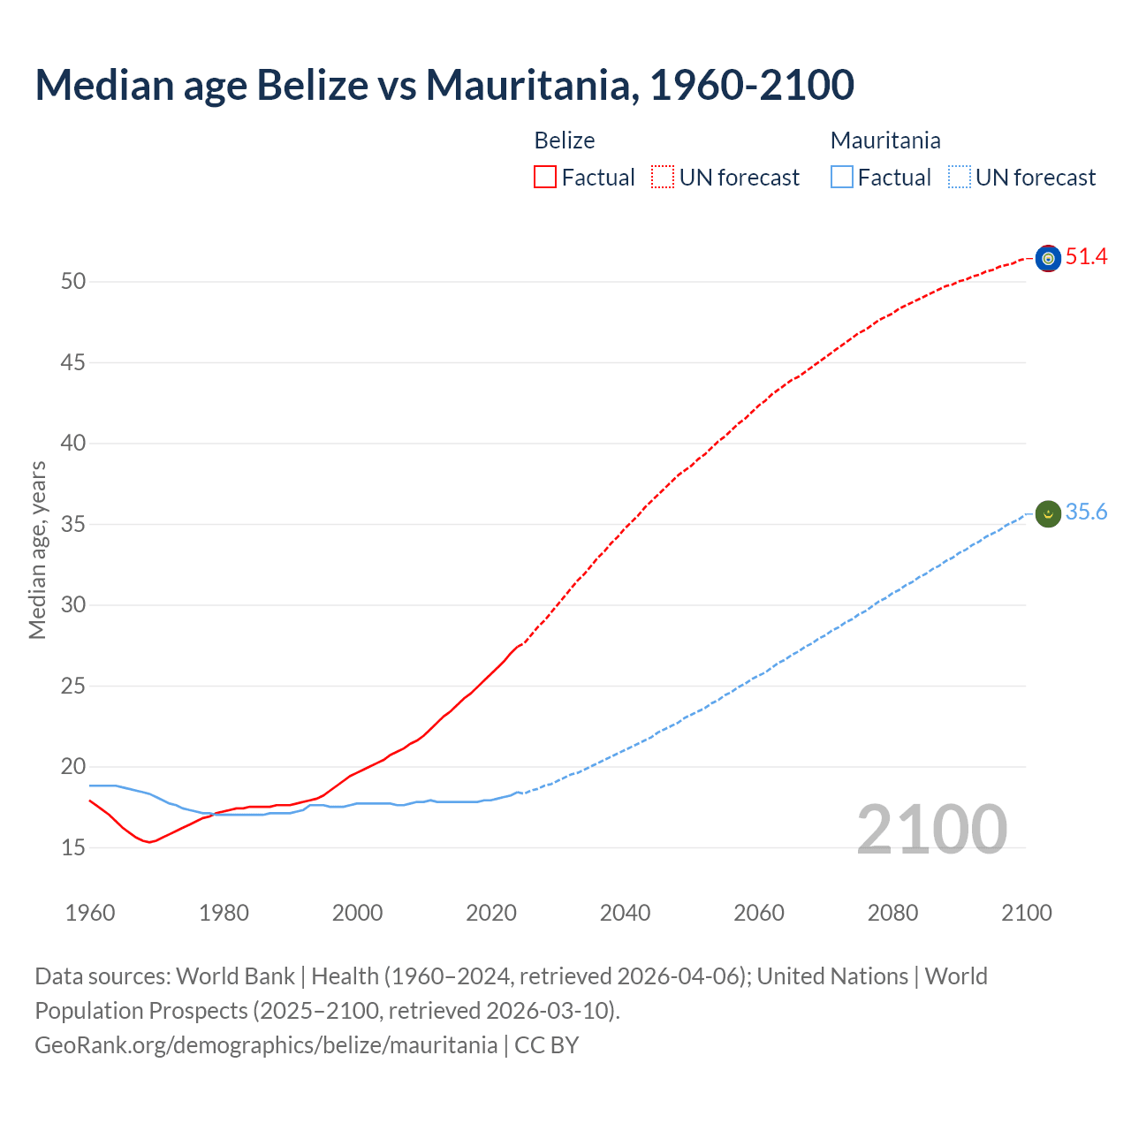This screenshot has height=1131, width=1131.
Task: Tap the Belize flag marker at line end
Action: [x=1048, y=258]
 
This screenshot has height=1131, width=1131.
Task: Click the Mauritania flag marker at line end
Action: [x=1048, y=513]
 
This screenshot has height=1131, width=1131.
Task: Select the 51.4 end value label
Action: [x=1086, y=257]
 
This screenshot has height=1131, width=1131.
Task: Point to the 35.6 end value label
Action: [x=1086, y=512]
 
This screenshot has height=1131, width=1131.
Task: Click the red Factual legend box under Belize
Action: [x=545, y=178]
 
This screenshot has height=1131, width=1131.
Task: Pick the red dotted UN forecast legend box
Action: [x=663, y=178]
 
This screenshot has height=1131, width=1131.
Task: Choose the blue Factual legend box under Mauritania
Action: [x=842, y=178]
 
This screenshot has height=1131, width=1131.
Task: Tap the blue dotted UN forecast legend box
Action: [x=960, y=178]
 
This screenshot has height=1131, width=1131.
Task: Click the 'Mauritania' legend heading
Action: [x=885, y=140]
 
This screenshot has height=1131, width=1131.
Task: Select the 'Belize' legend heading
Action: [x=565, y=140]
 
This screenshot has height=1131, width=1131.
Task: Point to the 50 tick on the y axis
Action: [x=73, y=282]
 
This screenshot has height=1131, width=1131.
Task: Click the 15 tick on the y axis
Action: [x=73, y=848]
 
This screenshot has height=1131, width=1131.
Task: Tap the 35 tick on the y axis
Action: [x=73, y=525]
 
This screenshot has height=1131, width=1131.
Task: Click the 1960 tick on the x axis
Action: [x=90, y=913]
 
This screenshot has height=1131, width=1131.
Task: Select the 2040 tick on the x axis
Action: [x=625, y=913]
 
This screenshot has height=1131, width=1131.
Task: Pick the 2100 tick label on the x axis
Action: [x=1027, y=913]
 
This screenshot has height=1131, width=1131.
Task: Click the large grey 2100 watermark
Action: [x=931, y=830]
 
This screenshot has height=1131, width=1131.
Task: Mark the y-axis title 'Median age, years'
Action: [x=37, y=550]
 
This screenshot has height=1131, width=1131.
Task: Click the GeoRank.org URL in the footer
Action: [x=266, y=1045]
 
